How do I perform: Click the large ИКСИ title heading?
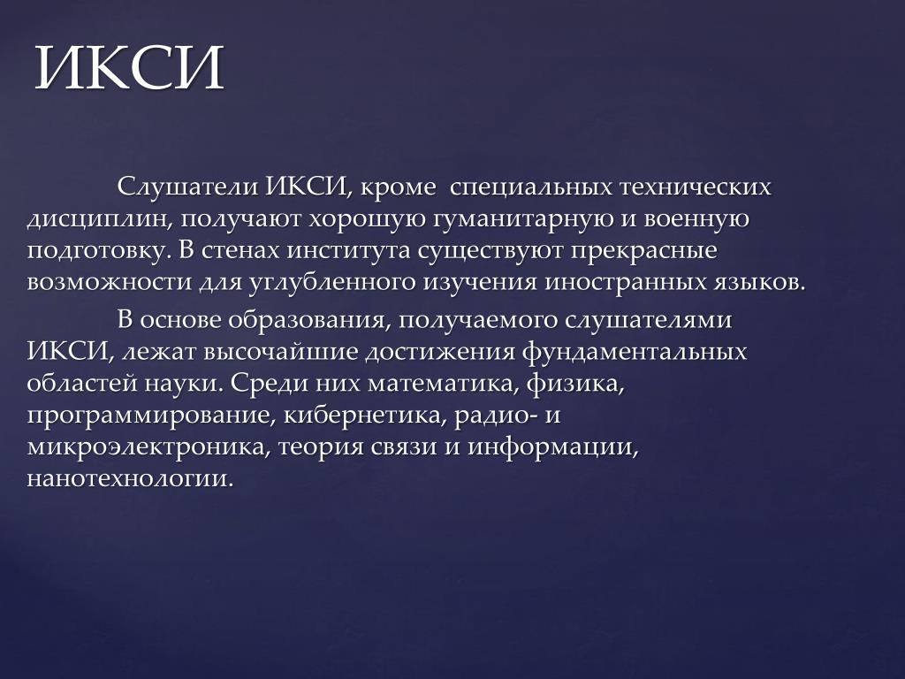click(129, 67)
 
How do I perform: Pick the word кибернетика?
click(365, 416)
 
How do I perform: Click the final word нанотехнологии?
click(131, 479)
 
